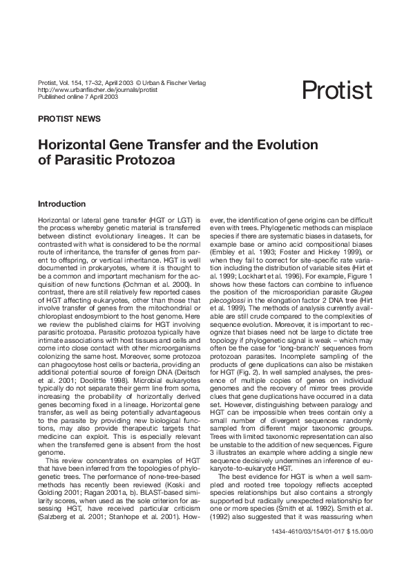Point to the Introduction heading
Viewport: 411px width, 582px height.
pyautogui.click(x=61, y=204)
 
